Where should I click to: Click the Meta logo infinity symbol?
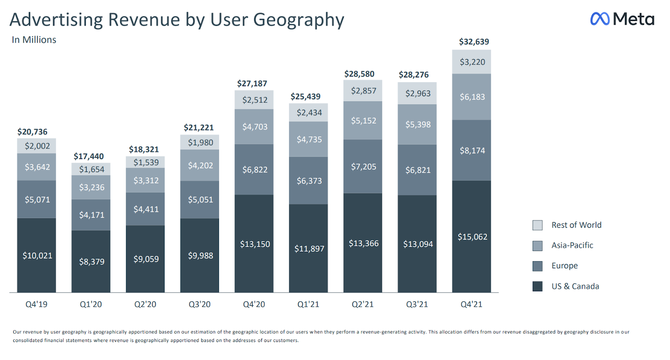600,19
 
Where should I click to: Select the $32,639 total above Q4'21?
474,41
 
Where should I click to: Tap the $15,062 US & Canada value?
472,237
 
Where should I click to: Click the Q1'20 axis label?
91,304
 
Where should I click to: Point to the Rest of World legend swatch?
537,225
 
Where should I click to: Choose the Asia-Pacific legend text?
572,245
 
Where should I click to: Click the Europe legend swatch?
537,266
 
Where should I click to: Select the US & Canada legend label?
575,286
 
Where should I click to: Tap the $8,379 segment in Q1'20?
92,262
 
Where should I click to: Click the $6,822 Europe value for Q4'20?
255,170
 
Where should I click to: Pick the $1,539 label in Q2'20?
146,162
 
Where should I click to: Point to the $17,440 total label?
89,156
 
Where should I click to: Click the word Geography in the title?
298,20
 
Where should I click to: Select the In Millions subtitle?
34,40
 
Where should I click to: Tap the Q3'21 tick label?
417,304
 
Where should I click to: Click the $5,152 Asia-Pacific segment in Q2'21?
363,121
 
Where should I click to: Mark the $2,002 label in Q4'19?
37,146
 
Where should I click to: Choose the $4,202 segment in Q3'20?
200,165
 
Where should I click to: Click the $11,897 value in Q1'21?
309,249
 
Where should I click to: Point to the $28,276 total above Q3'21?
413,75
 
